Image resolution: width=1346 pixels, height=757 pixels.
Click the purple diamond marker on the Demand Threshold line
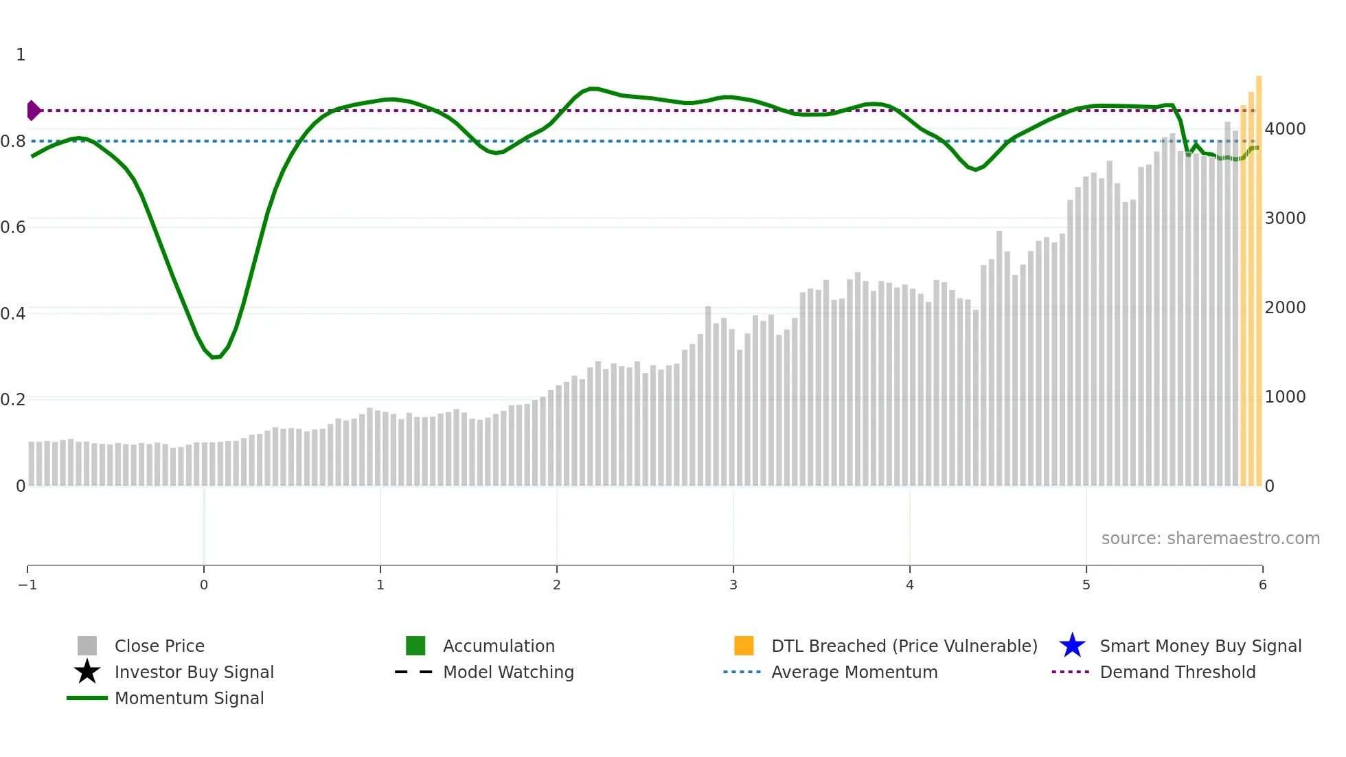[x=33, y=110]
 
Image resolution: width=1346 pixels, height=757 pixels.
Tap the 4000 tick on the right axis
[x=1285, y=129]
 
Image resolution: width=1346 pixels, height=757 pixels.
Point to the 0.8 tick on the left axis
[x=13, y=142]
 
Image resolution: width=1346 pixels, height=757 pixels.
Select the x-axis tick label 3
[x=733, y=585]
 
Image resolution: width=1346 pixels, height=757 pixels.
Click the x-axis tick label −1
[x=27, y=585]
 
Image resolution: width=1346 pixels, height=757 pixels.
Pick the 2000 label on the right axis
[x=1285, y=308]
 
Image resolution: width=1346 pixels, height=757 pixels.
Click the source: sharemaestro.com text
[x=1210, y=539]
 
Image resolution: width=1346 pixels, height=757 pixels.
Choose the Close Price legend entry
[x=159, y=646]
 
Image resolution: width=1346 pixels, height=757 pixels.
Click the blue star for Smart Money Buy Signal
[x=1072, y=646]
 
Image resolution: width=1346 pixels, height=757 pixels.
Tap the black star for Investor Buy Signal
[x=87, y=672]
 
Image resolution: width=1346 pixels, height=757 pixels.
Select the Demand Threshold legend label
[x=1177, y=673]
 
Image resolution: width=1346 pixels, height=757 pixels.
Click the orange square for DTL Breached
[x=744, y=646]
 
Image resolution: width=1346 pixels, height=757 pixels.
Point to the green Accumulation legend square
[x=415, y=646]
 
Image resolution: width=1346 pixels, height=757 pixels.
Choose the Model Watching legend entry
[x=508, y=673]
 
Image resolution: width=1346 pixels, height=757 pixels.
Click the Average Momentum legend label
[x=854, y=673]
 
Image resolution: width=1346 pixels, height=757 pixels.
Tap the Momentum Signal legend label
[x=189, y=699]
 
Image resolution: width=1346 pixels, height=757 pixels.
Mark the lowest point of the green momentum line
[x=215, y=357]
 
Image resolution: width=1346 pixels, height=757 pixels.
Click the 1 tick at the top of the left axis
[x=21, y=55]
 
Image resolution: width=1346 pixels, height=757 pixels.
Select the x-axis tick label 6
[x=1262, y=585]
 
